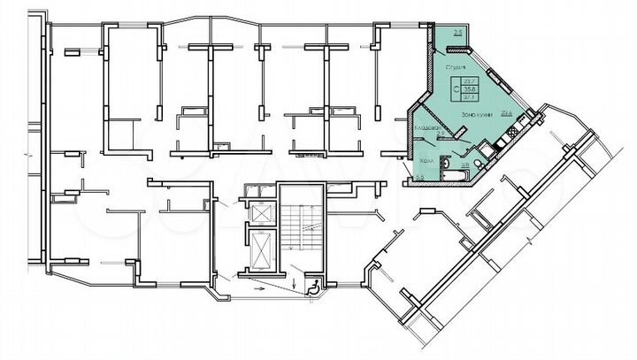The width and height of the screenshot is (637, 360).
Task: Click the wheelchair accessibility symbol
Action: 311,285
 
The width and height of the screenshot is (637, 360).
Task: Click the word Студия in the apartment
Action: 457,66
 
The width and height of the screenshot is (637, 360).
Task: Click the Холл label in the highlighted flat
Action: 426,161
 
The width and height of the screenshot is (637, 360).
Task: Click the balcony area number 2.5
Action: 457,33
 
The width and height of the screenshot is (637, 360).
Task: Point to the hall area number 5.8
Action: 419,179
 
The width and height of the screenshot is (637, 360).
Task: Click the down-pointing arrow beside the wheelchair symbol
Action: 296,284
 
